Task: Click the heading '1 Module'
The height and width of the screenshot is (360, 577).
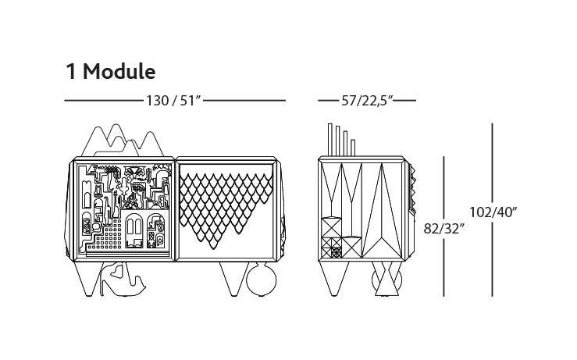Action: (x=110, y=71)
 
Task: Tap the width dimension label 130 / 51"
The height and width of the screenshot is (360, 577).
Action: (x=173, y=101)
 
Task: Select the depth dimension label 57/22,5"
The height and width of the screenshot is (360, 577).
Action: (x=367, y=101)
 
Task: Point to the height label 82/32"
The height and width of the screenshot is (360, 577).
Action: (x=442, y=229)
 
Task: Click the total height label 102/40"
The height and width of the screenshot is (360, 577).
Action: (x=493, y=212)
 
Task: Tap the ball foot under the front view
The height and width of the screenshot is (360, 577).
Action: (x=262, y=280)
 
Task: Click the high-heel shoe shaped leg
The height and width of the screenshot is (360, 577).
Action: (x=123, y=280)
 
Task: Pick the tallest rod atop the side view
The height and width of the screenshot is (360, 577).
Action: (x=330, y=140)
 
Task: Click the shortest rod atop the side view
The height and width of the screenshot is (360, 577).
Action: (x=353, y=148)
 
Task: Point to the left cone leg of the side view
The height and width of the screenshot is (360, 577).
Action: (x=334, y=279)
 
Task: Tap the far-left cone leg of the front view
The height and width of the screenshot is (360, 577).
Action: (x=87, y=279)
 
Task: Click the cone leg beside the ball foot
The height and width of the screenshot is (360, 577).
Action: (x=234, y=279)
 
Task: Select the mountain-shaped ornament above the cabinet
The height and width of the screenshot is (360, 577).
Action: (x=123, y=141)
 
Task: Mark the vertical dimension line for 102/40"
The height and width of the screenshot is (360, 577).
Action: (x=493, y=210)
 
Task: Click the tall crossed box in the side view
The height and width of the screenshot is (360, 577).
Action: (x=331, y=227)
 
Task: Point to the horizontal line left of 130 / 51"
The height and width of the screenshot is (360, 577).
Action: (x=104, y=100)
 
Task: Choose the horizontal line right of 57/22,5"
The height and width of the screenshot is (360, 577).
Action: (x=404, y=100)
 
